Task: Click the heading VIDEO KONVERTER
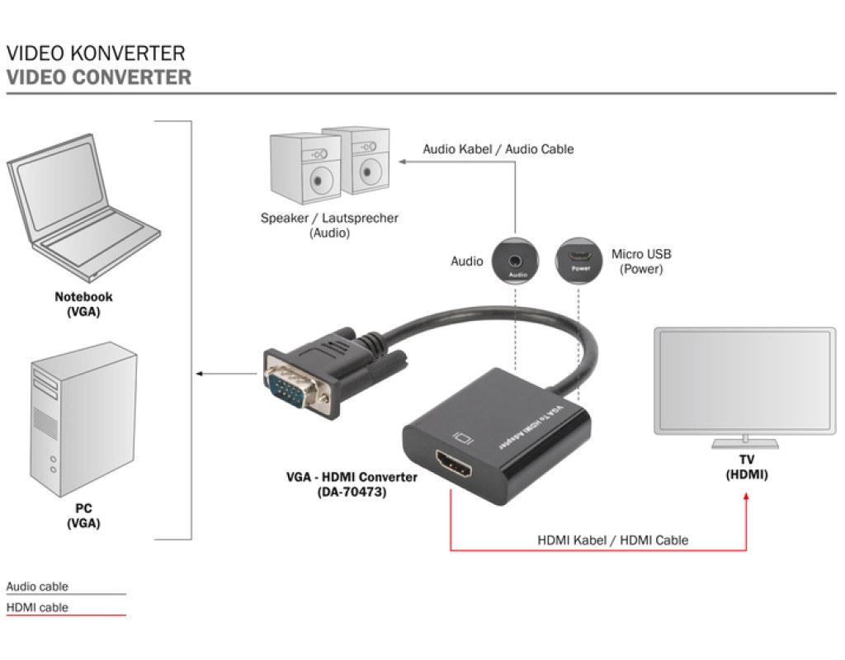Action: coord(96,54)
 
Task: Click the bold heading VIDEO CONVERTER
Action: coord(99,78)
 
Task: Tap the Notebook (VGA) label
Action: coord(83,304)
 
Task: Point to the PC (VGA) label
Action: coord(83,516)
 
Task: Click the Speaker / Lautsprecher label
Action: coord(329,225)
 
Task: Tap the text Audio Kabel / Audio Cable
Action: coord(498,149)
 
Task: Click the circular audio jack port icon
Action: coord(517,261)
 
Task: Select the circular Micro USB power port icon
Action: coord(580,261)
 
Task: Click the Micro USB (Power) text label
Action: coord(641,262)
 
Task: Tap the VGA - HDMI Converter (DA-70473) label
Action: coord(352,484)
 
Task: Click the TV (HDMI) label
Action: coord(746,468)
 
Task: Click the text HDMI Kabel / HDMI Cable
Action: coord(612,540)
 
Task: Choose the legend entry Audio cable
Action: coord(38,587)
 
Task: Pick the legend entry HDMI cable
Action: coord(38,608)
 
